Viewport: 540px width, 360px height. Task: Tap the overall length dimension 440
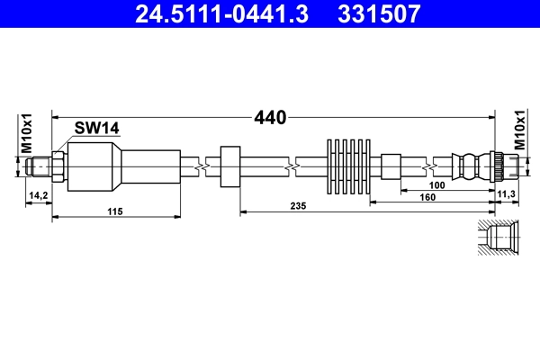coord(269,117)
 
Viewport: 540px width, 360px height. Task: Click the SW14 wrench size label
coord(97,129)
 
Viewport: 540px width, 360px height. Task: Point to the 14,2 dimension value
coord(38,194)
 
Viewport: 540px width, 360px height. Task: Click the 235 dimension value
coord(299,206)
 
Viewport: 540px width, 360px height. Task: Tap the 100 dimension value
coord(438,186)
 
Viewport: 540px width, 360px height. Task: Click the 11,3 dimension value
coord(506,194)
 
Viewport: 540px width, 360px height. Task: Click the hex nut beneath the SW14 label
coord(57,166)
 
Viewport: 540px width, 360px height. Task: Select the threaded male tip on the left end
coord(38,166)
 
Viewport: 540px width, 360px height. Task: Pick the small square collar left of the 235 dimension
coord(229,166)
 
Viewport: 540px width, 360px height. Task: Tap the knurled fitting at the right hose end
coord(494,166)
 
